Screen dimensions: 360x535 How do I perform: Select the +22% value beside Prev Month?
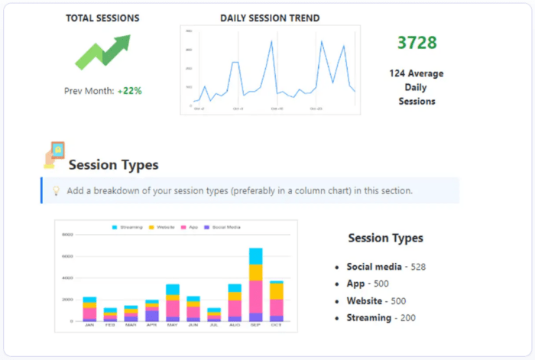tap(129, 90)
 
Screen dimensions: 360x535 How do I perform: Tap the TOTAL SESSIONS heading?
tap(102, 18)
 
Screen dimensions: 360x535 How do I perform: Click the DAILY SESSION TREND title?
tap(270, 18)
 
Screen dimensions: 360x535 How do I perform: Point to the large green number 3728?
tap(417, 43)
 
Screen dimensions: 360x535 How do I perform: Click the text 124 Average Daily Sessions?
tap(417, 87)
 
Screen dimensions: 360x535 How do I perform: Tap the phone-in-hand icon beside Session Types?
tap(53, 154)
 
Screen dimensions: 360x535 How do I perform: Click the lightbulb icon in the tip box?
tap(56, 190)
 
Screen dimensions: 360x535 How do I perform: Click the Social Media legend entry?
tap(222, 228)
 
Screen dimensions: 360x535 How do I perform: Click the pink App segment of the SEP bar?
tap(255, 297)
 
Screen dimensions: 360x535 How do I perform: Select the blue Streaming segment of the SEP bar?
tap(255, 256)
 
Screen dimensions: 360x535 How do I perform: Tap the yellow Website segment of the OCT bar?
tap(276, 291)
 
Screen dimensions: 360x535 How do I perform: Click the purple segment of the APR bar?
tap(151, 315)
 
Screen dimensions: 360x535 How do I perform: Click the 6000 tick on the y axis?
tap(67, 257)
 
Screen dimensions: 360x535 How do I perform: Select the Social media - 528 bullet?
tap(386, 267)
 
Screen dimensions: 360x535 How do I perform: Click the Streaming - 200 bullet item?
tap(380, 316)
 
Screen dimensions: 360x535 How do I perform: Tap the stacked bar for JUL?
tap(214, 314)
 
